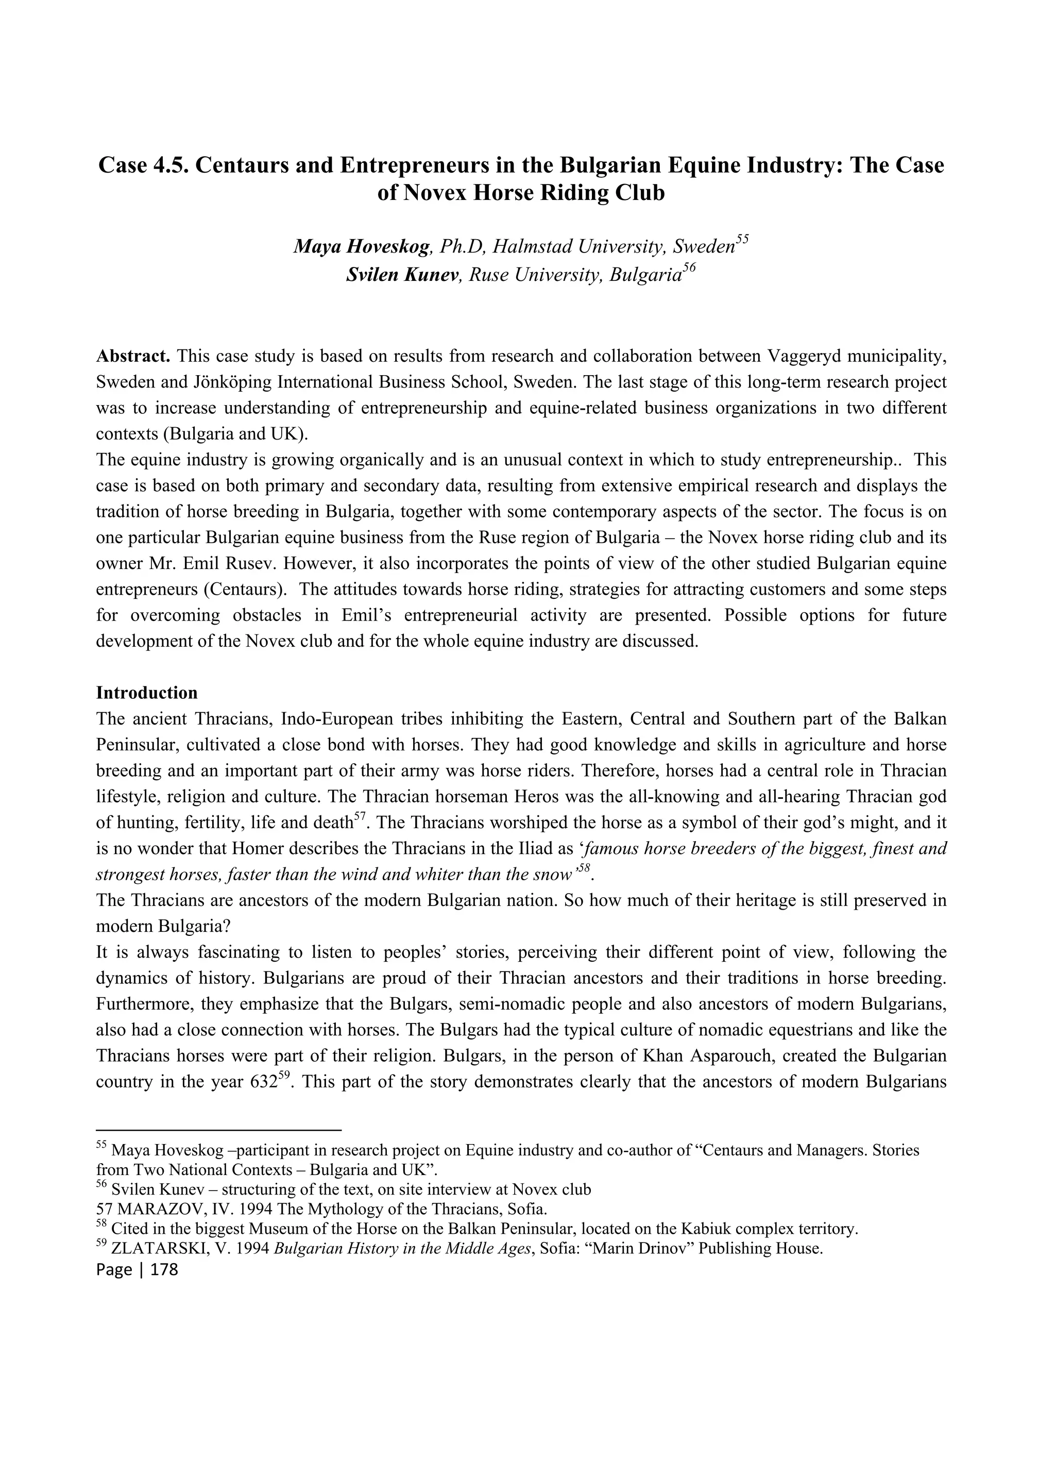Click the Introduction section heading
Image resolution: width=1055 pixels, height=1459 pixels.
[x=147, y=693]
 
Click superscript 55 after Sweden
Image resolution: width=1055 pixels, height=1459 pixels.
[x=742, y=239]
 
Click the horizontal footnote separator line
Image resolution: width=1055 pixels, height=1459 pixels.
[x=218, y=1129]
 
